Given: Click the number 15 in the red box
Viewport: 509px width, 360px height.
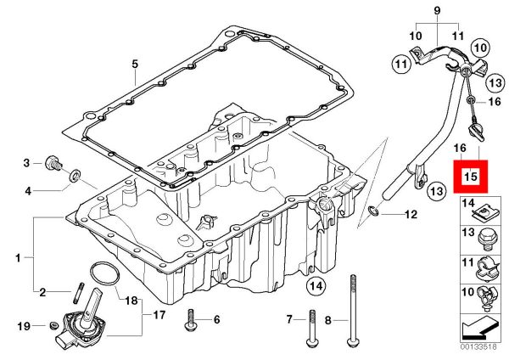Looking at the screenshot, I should [471, 177].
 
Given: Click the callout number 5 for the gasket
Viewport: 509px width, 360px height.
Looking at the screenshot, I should [134, 64].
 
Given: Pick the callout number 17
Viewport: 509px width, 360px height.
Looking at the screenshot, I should [159, 315].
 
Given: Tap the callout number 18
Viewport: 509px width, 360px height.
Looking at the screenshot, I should [131, 300].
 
